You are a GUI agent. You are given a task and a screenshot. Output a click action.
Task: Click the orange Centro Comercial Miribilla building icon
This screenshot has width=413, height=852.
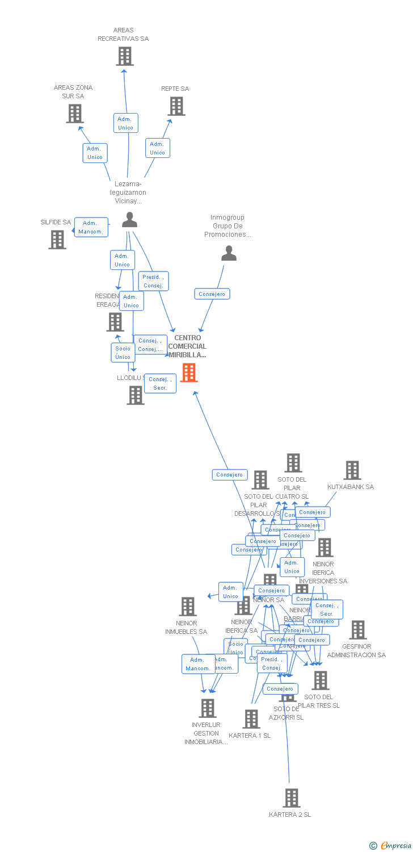click(189, 373)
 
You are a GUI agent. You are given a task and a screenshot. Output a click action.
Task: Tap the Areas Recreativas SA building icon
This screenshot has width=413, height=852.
click(125, 56)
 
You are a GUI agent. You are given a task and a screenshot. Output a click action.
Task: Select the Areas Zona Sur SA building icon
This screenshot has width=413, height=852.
click(75, 114)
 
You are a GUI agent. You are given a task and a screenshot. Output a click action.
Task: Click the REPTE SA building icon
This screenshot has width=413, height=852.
click(176, 106)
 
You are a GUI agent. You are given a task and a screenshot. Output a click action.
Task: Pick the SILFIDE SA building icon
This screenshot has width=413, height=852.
click(57, 240)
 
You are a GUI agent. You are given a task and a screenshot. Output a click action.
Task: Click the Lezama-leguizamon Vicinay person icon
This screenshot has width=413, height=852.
click(130, 220)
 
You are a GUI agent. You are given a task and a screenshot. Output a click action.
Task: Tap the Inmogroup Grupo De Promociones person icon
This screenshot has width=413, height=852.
click(229, 253)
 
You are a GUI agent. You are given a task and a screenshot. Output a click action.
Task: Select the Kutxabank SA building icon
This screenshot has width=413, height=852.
click(352, 470)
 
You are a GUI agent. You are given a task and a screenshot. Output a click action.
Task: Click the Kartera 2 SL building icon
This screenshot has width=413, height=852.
click(291, 798)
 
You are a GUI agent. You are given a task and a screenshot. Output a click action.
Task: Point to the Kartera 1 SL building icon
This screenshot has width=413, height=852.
click(251, 719)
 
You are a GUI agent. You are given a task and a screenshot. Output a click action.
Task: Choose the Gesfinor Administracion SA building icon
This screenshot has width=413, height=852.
click(358, 630)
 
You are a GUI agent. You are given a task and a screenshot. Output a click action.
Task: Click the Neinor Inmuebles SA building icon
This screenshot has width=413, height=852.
click(188, 607)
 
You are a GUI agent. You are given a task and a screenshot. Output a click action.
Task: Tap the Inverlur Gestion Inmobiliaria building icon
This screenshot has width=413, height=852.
click(208, 708)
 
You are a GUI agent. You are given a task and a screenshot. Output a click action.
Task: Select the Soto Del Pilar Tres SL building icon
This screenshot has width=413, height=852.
click(321, 680)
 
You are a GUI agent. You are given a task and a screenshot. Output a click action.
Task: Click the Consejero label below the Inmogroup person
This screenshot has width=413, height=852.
click(212, 294)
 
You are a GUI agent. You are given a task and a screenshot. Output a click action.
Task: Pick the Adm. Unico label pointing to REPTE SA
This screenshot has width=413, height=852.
click(157, 148)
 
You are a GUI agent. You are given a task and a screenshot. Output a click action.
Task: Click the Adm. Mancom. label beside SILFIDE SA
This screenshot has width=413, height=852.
click(91, 227)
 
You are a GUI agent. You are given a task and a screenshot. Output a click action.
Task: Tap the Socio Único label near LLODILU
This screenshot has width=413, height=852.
click(123, 353)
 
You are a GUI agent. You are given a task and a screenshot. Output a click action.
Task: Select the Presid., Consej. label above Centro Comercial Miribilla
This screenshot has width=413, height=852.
click(153, 281)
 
